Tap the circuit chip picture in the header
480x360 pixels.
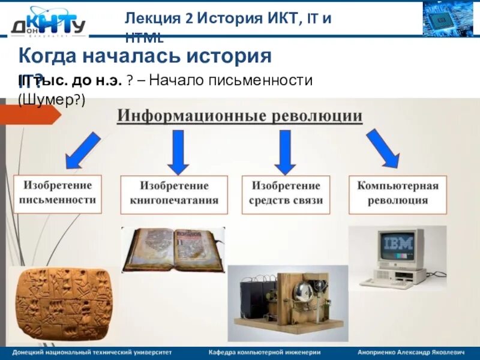point(448,19)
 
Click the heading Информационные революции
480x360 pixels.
point(239,115)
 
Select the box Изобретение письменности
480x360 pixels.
point(58,194)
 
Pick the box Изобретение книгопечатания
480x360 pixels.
point(174,194)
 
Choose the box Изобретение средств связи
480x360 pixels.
point(286,194)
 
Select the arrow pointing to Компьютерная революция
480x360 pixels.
point(383,149)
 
